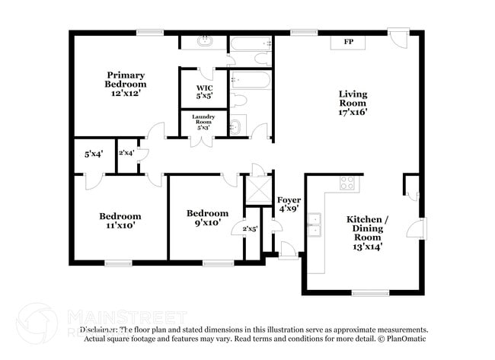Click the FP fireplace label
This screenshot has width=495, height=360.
348,41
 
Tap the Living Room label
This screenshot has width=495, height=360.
353,103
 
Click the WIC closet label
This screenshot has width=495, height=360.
203,91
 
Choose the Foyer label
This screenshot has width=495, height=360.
289,204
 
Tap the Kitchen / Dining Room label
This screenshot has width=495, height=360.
368,232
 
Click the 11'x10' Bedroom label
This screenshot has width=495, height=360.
120,221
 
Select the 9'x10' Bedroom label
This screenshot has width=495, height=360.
207,218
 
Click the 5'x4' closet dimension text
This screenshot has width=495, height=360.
93,154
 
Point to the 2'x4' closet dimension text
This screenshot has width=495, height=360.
126,153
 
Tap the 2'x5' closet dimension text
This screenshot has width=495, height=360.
250,228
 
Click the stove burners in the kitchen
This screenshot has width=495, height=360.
347,183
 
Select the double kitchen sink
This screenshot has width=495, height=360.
315,225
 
